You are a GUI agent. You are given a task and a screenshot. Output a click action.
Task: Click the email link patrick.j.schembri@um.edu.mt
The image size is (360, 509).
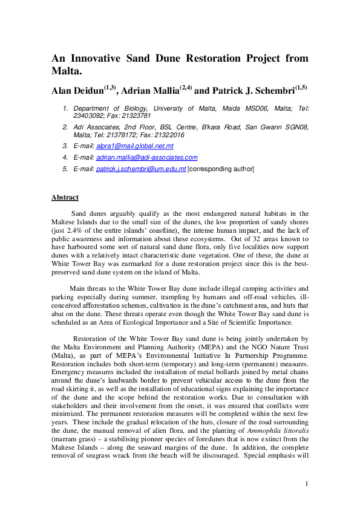(x=141, y=169)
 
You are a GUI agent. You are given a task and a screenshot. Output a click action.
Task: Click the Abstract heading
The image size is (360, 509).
(x=65, y=198)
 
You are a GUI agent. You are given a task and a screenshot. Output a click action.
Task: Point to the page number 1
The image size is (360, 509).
(x=307, y=483)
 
